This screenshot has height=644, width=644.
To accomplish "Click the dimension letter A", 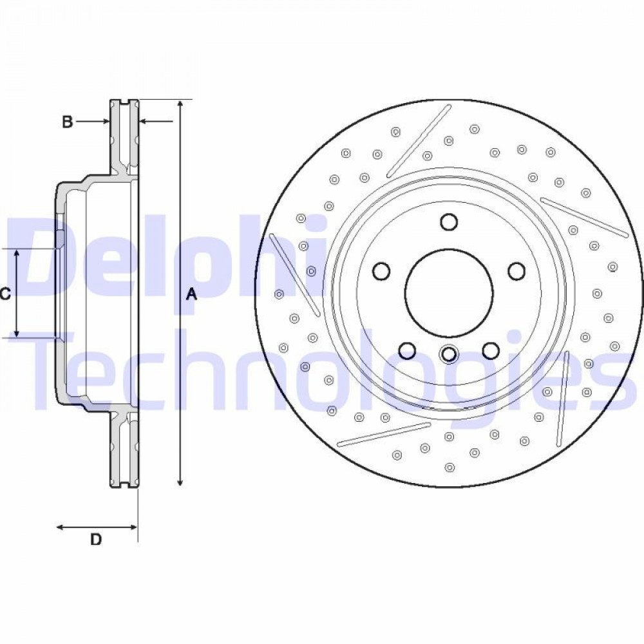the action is [192, 294].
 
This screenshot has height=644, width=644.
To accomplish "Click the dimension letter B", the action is [68, 122].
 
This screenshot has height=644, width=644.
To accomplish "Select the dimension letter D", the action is [96, 539].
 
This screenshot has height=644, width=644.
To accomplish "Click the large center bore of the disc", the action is [448, 292].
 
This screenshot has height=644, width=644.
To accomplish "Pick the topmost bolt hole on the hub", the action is [448, 222].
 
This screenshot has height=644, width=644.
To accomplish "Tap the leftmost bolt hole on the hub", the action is [381, 270].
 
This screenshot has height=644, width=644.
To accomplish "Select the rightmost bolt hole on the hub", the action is [516, 270].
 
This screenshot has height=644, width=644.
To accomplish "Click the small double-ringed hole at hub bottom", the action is [448, 353].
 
